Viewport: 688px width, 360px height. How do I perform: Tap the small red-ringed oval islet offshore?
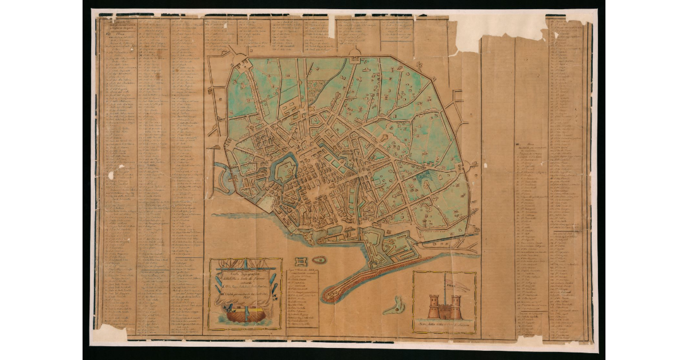point(319,260)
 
